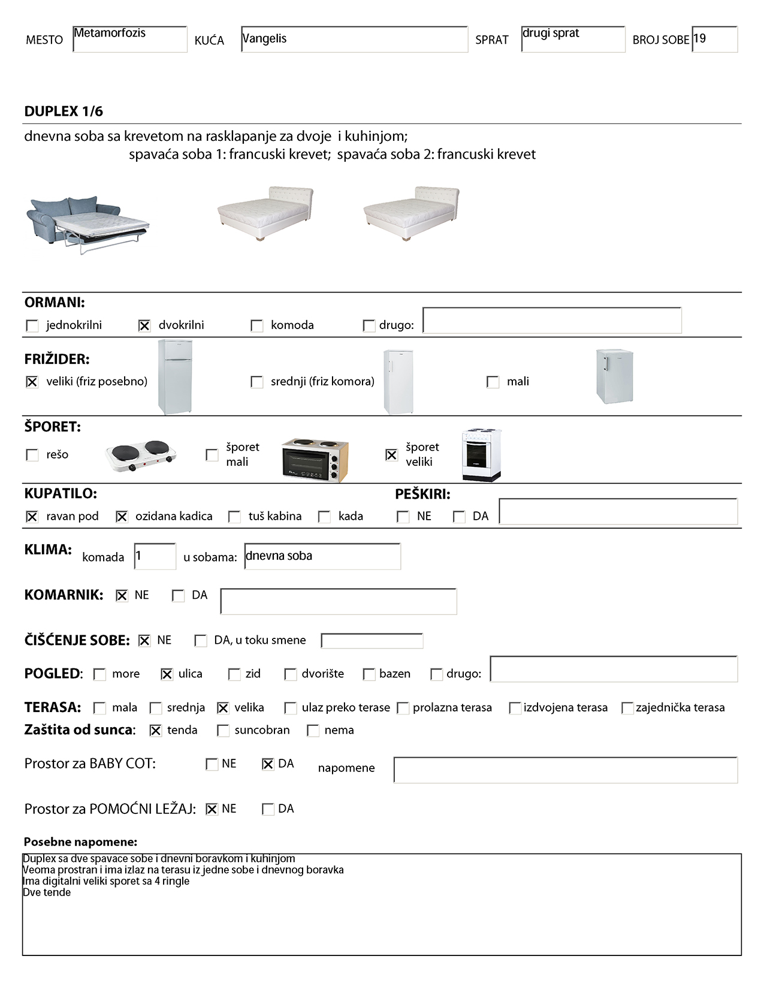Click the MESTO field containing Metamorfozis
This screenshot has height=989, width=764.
tap(129, 39)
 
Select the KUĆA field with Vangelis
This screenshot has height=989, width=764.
tap(354, 39)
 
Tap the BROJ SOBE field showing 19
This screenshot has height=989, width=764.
tap(714, 39)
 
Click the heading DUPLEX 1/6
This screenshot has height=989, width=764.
tap(64, 111)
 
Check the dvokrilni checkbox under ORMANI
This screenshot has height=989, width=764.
tap(144, 325)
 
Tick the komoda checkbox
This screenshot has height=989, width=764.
tap(256, 325)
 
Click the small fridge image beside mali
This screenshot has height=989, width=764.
tap(614, 376)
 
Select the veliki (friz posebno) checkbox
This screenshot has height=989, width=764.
tap(32, 382)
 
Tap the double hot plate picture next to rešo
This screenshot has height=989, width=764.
tap(141, 456)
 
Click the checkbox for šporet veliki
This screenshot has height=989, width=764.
tap(391, 455)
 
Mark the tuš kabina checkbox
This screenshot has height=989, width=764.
tap(234, 517)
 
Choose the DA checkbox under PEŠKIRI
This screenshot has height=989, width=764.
tap(459, 517)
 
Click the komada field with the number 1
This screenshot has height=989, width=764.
tap(155, 556)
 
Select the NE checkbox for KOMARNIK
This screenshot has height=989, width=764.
tap(122, 596)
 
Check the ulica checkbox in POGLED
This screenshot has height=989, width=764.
tap(167, 674)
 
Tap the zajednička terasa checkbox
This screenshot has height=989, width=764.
tap(627, 708)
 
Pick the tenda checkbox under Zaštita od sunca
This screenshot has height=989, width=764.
tap(155, 731)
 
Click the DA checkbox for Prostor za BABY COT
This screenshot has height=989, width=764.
tap(268, 764)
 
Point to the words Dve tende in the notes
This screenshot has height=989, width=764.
tap(47, 892)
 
